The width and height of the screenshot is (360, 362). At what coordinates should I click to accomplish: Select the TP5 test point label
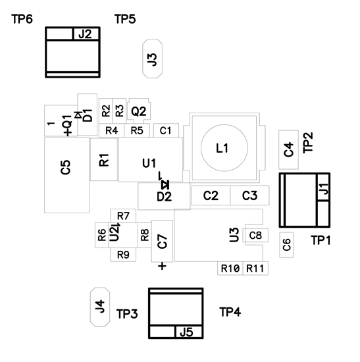pos(125,20)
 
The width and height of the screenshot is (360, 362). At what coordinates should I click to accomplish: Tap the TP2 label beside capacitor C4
pos(307,143)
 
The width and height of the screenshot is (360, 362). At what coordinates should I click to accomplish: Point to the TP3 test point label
pos(127,313)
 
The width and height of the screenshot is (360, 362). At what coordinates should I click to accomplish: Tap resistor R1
pos(104,159)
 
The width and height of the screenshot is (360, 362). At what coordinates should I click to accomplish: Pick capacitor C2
pos(210,195)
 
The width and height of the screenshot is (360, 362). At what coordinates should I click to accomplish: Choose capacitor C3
pos(249,195)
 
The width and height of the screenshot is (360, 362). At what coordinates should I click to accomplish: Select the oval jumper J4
pos(99,306)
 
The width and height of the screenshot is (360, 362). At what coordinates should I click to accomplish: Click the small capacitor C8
pos(255,235)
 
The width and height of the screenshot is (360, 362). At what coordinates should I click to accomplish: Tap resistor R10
pos(230,269)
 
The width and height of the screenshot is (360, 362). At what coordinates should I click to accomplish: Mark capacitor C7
pos(162,240)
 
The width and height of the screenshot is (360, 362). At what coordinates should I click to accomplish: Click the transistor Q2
pos(139,111)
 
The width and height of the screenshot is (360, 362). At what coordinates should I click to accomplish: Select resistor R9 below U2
pos(122,255)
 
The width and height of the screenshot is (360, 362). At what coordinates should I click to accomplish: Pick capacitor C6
pos(286,245)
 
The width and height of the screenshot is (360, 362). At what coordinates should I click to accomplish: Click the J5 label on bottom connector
pos(188,332)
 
